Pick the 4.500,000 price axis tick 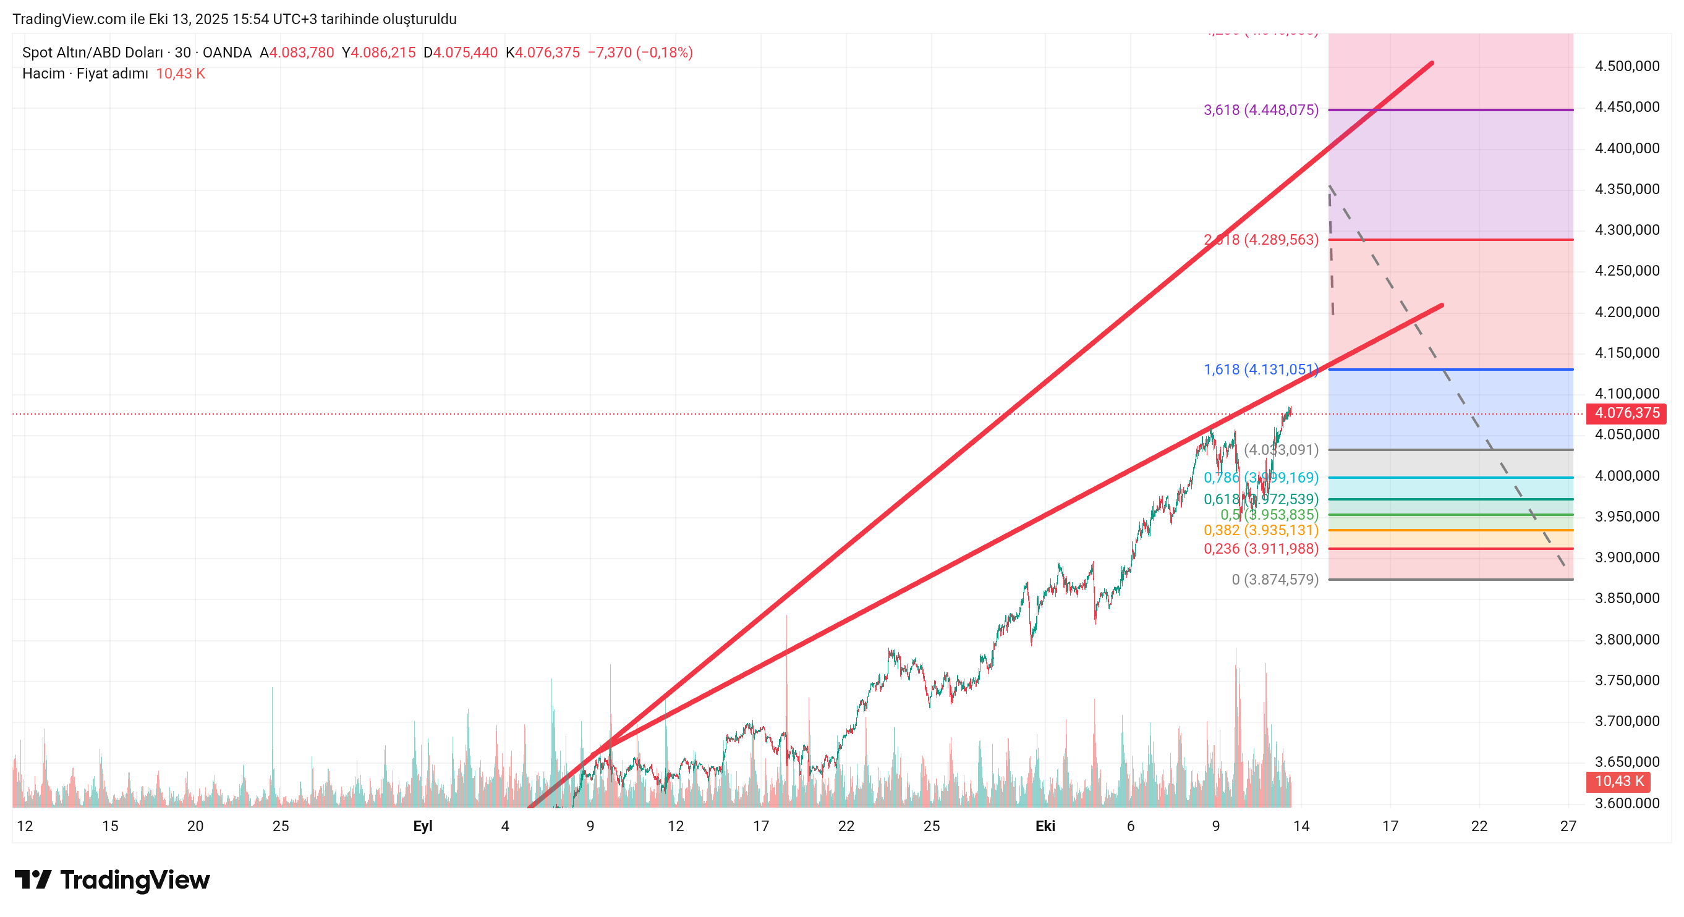(x=1627, y=66)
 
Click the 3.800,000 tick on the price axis (x=1627, y=639)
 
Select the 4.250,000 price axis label (x=1627, y=271)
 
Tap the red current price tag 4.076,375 (x=1627, y=413)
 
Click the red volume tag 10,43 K (x=1618, y=781)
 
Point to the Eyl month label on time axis (x=422, y=826)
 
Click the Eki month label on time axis (x=1045, y=826)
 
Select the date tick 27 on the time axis (x=1568, y=826)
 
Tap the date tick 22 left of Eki (x=846, y=826)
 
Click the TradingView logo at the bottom (x=112, y=880)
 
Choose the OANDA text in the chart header (x=227, y=53)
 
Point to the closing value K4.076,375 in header (x=543, y=53)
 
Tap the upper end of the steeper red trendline (x=1432, y=64)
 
